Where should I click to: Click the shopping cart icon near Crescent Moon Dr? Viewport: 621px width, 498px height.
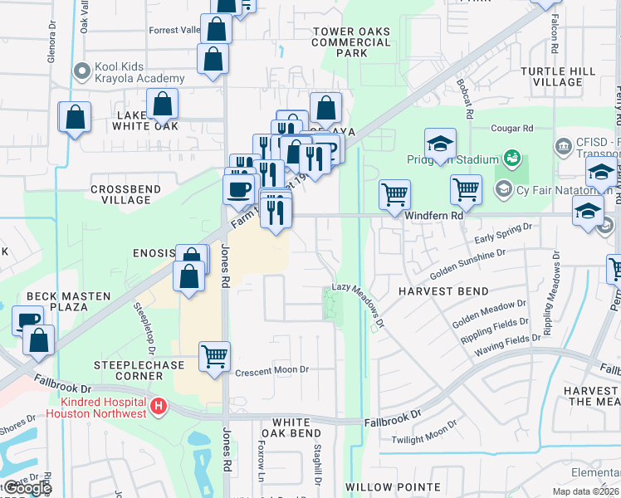[215, 357]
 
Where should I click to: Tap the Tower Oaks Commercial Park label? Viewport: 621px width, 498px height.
[351, 42]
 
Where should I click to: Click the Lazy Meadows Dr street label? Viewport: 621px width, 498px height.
[359, 297]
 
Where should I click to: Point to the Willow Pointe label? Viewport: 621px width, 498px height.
[393, 487]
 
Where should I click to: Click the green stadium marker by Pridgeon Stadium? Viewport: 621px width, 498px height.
[512, 158]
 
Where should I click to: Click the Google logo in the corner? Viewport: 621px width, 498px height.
[27, 489]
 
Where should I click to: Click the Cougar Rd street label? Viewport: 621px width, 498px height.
[511, 129]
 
